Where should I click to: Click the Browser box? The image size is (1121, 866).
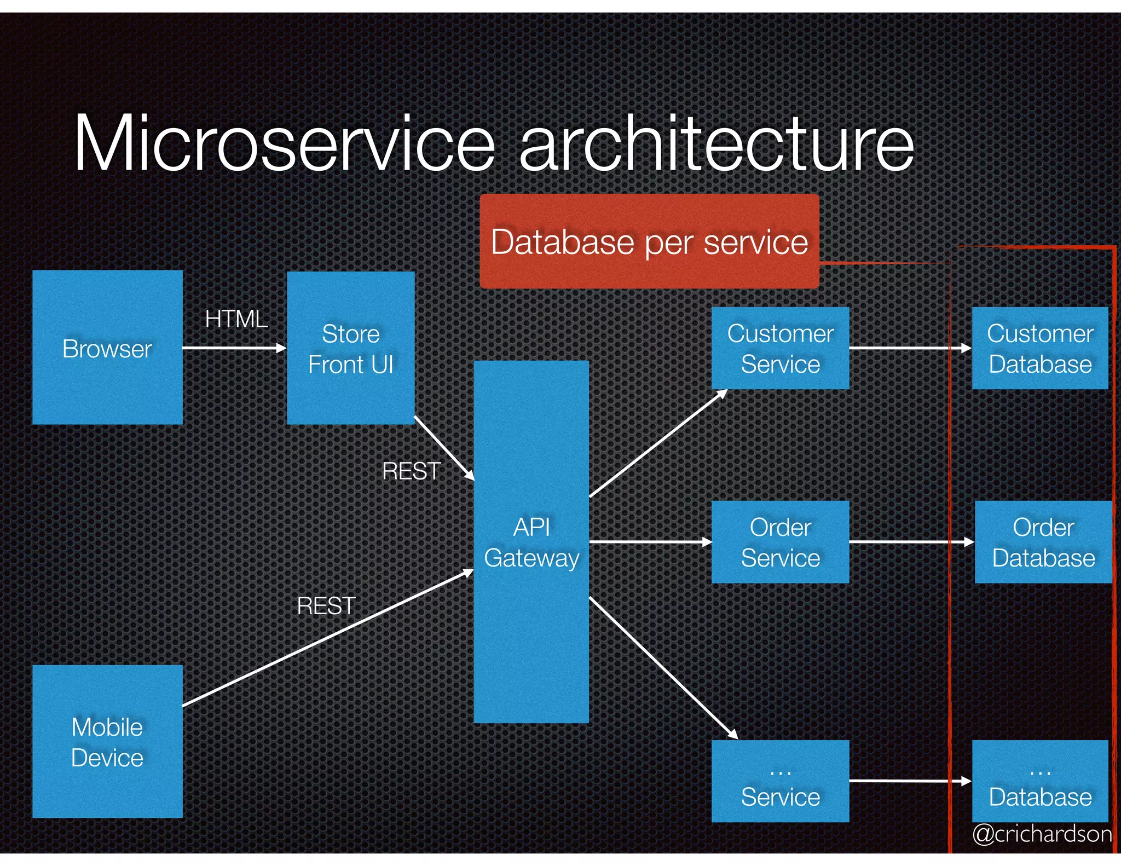coord(107,347)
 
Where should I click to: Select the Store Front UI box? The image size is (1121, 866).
coord(350,348)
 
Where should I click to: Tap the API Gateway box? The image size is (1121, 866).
coord(531,542)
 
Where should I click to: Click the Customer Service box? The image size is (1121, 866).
coord(780,348)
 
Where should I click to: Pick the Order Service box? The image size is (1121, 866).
coord(780,542)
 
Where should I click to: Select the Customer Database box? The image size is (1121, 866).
coord(1039,348)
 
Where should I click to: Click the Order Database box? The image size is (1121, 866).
coord(1043,542)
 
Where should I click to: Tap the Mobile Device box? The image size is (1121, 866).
coord(107,741)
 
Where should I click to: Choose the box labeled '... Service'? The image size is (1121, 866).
coord(780,781)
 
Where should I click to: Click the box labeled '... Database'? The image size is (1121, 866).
coord(1039,781)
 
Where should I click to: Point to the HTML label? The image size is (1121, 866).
coord(236,319)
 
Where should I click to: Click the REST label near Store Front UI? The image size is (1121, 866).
coord(411,471)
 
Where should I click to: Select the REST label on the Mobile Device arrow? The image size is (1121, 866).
coord(326,606)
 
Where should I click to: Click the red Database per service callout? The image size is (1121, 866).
coord(649,241)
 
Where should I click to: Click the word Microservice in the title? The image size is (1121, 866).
coord(285,143)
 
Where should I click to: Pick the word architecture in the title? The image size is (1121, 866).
coord(716,143)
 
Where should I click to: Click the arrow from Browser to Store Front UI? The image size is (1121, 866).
coord(234,348)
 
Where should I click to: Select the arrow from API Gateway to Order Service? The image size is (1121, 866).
coord(650,542)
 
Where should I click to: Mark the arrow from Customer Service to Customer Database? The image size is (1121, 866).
coord(909,348)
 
